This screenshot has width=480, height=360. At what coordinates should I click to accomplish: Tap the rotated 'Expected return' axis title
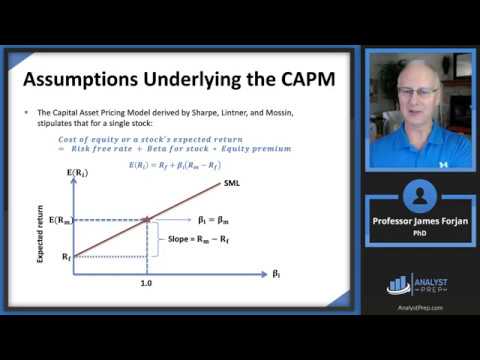point(40,234)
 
